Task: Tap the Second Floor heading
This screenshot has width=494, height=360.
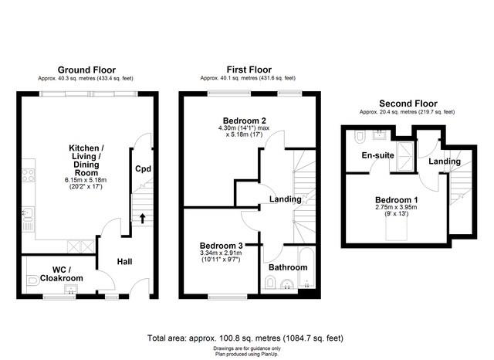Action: tap(408, 104)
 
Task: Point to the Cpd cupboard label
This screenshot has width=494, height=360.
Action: tap(143, 169)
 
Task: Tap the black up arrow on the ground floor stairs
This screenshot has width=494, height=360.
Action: tap(142, 217)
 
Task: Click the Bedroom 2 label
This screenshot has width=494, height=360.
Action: tap(245, 121)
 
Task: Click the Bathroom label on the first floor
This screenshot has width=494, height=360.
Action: tap(288, 267)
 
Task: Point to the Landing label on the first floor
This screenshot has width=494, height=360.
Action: tap(285, 199)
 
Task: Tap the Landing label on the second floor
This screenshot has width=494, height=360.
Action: tap(445, 161)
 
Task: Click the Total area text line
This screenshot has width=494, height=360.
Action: tap(245, 338)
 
